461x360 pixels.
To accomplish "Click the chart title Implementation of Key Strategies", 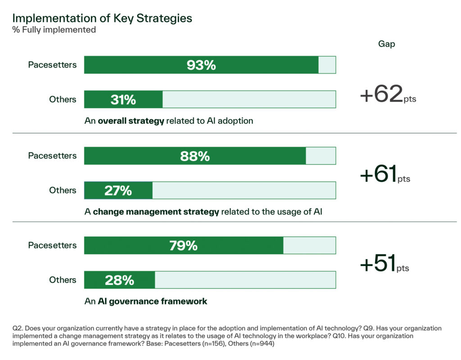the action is pos(102,18).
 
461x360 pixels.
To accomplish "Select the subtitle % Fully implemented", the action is pos(54,30).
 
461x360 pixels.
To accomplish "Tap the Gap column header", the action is pos(386,44).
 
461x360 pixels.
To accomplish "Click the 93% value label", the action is pos(201,65).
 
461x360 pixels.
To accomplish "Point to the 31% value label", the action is pos(123,99).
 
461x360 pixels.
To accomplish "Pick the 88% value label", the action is pos(195,156).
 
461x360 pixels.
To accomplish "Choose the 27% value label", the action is pos(118,190).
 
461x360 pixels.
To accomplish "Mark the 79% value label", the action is pos(184,246).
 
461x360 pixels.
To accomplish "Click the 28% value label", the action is pos(119,280).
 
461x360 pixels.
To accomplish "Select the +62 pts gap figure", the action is pos(388,94).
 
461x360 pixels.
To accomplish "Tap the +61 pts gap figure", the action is pos(385,174).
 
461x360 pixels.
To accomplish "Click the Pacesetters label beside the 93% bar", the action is pos(52,65).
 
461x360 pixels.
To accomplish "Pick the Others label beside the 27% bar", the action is pos(63,190).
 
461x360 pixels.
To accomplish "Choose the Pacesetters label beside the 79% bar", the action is pos(52,245).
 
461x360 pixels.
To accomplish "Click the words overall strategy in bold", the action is pos(131,121).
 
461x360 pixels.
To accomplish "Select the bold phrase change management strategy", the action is pos(156,211).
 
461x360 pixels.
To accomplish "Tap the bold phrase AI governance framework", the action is pos(152,301).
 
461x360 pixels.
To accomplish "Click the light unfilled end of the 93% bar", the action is pos(327,65).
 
